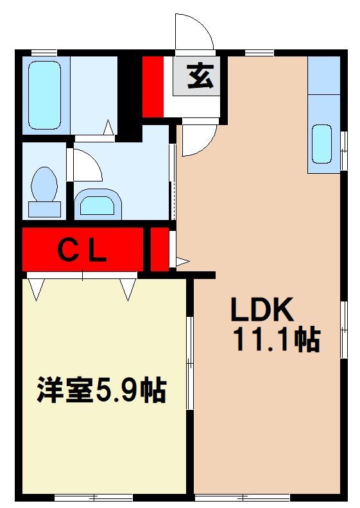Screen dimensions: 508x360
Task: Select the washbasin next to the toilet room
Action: (x=98, y=204)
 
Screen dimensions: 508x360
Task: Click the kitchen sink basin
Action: (x=321, y=144)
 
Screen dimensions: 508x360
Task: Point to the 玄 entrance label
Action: (x=196, y=77)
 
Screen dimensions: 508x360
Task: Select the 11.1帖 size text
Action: (x=276, y=340)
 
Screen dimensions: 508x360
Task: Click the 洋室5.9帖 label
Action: (x=101, y=390)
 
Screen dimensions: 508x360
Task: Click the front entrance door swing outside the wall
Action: (x=194, y=32)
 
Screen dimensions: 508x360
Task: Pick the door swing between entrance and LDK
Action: (x=198, y=139)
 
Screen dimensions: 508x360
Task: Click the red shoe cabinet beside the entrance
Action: (x=153, y=87)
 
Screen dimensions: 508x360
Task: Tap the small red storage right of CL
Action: (x=159, y=249)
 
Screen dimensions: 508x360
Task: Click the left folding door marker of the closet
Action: (x=36, y=289)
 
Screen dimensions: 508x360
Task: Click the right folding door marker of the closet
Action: (x=128, y=289)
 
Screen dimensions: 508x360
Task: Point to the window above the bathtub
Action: (x=44, y=52)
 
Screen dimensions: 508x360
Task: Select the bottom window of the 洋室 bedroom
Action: (x=94, y=497)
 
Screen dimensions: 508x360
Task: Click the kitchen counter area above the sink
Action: (x=323, y=75)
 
